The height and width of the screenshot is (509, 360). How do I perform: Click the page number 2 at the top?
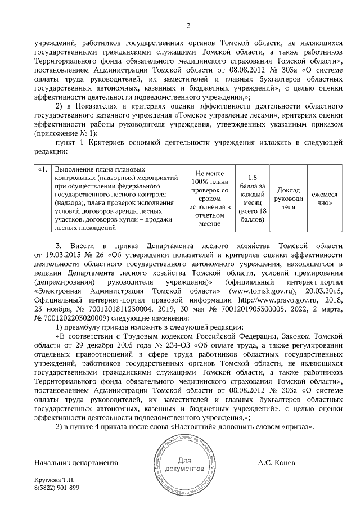pos(188,25)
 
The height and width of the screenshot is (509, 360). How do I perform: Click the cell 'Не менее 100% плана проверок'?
pos(209,199)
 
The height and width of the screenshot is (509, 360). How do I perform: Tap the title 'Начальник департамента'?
pos(76,462)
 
